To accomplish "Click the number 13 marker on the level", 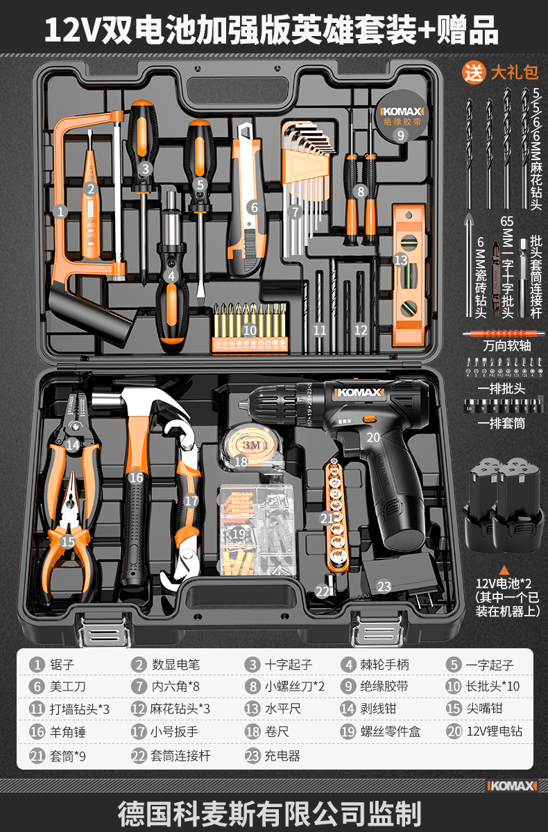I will click(400, 260).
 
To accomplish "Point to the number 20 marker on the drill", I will click(373, 437).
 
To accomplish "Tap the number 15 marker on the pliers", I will click(67, 542).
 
